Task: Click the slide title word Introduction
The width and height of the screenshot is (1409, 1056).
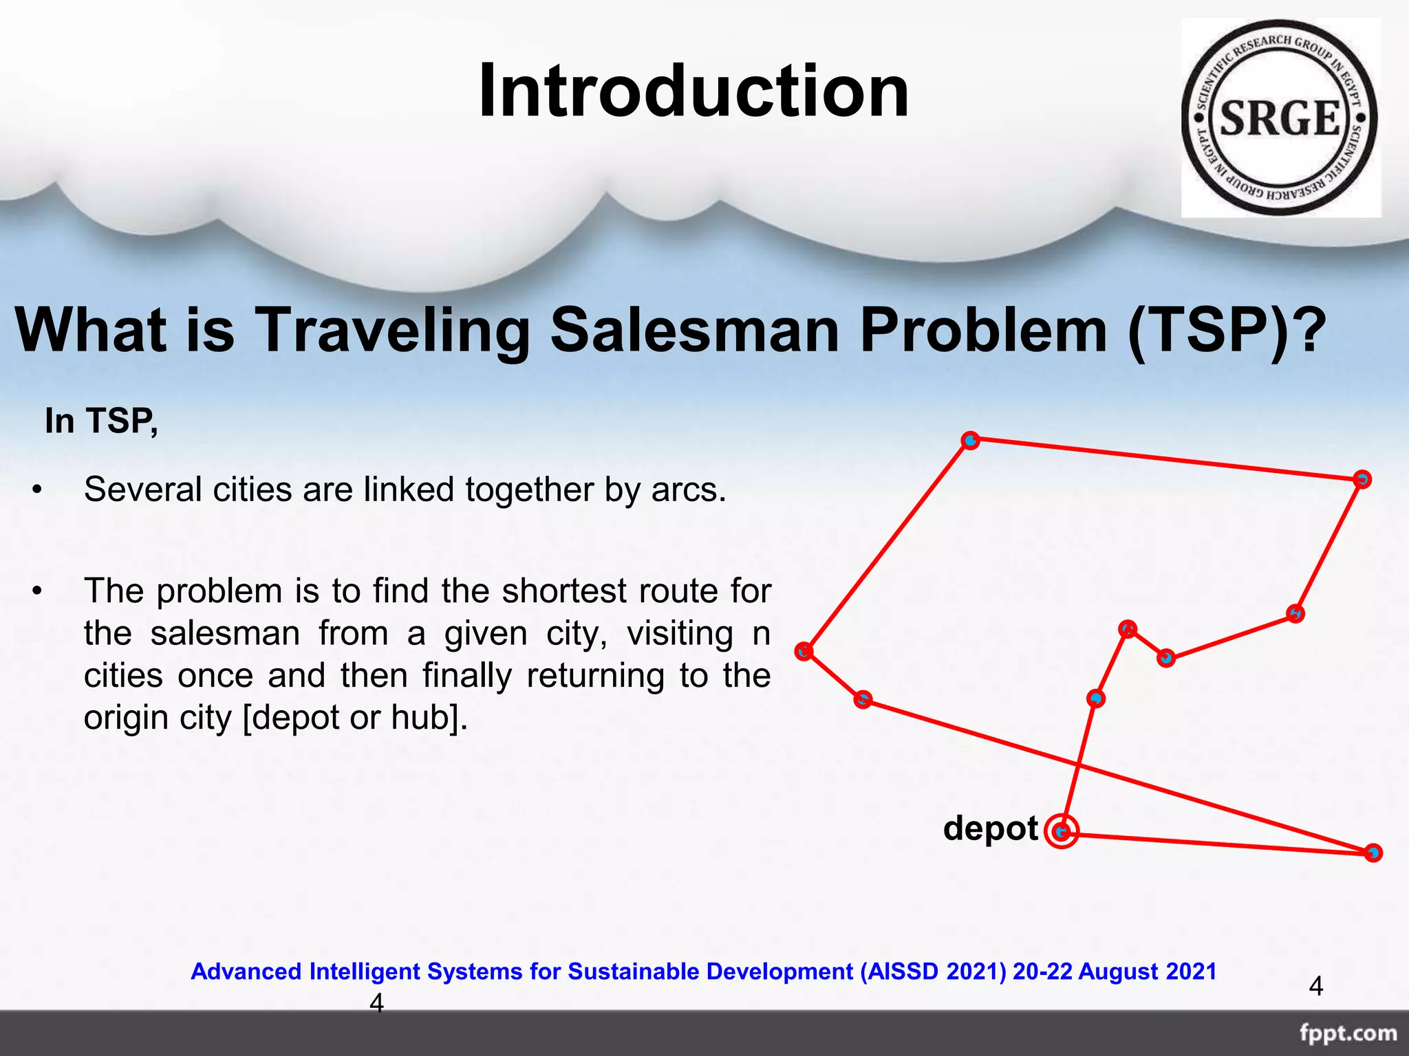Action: click(x=693, y=91)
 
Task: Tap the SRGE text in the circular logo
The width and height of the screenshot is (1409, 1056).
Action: click(x=1280, y=118)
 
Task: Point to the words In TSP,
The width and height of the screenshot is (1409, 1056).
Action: click(x=101, y=421)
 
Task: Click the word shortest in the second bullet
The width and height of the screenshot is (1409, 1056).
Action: click(x=564, y=591)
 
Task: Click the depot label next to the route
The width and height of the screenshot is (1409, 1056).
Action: click(x=990, y=828)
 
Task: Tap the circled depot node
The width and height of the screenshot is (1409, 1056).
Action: click(x=1062, y=832)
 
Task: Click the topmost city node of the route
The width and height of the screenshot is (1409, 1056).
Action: click(x=970, y=440)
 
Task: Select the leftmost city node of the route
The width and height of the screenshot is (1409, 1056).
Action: click(x=804, y=650)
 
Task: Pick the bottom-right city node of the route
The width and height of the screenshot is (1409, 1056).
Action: click(x=1373, y=852)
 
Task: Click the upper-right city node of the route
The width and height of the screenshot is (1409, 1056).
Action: click(x=1362, y=479)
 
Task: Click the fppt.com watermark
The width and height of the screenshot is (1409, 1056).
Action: click(x=1348, y=1033)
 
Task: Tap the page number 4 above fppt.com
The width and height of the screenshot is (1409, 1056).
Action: click(x=1315, y=987)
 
